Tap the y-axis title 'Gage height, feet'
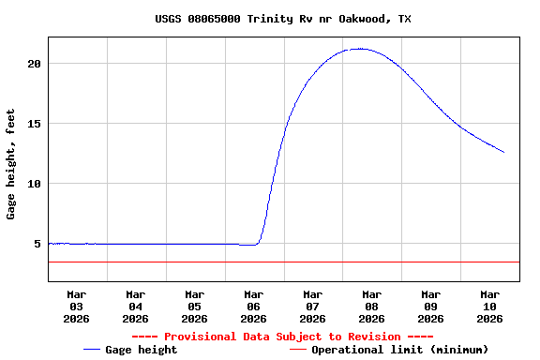11,164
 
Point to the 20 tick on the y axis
35,64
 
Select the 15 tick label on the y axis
35,124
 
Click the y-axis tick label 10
35,184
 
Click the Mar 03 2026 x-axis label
77,306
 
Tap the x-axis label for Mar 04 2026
136,306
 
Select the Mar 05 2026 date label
195,306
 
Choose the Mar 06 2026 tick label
254,306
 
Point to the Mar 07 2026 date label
313,306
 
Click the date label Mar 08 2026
372,306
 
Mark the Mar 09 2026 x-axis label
431,306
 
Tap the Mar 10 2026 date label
489,306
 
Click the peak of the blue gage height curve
360,49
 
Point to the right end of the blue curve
503,152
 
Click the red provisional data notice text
282,337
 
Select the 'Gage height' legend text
141,350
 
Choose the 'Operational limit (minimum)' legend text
400,350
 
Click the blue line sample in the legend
92,350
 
